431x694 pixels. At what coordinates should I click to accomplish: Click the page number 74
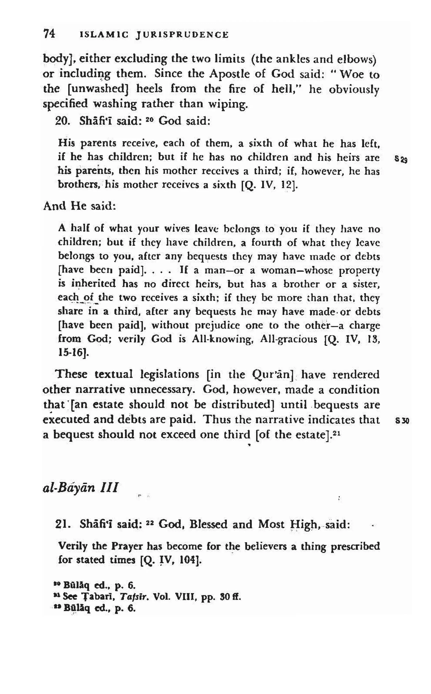(x=49, y=34)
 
